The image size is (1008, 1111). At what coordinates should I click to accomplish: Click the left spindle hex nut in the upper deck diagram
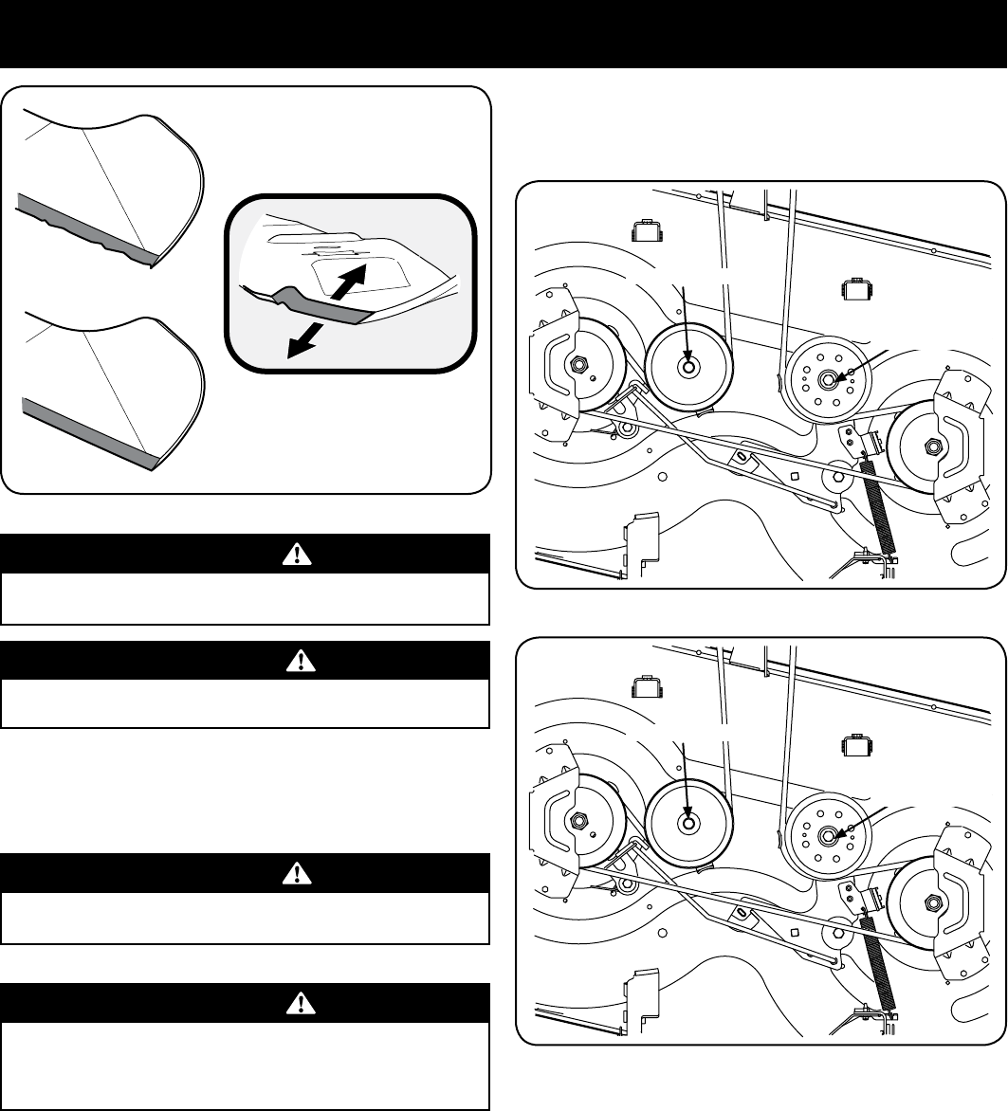click(576, 363)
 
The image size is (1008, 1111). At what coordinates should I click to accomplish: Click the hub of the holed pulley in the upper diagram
click(827, 379)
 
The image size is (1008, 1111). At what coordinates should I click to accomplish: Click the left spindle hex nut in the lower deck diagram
click(576, 819)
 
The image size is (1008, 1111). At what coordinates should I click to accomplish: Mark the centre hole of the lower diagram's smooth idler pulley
click(688, 825)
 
